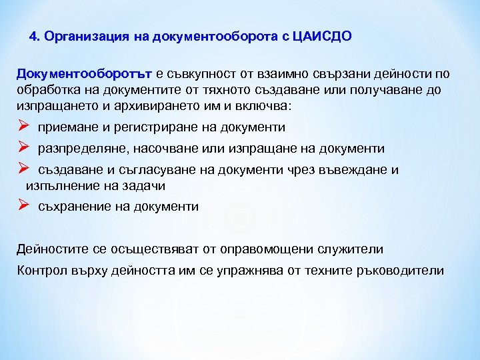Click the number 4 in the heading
pyautogui.click(x=35, y=37)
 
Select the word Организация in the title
pyautogui.click(x=78, y=37)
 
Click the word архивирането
pyautogui.click(x=177, y=105)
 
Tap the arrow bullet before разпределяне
pyautogui.click(x=22, y=148)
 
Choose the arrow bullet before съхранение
pyautogui.click(x=22, y=206)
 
